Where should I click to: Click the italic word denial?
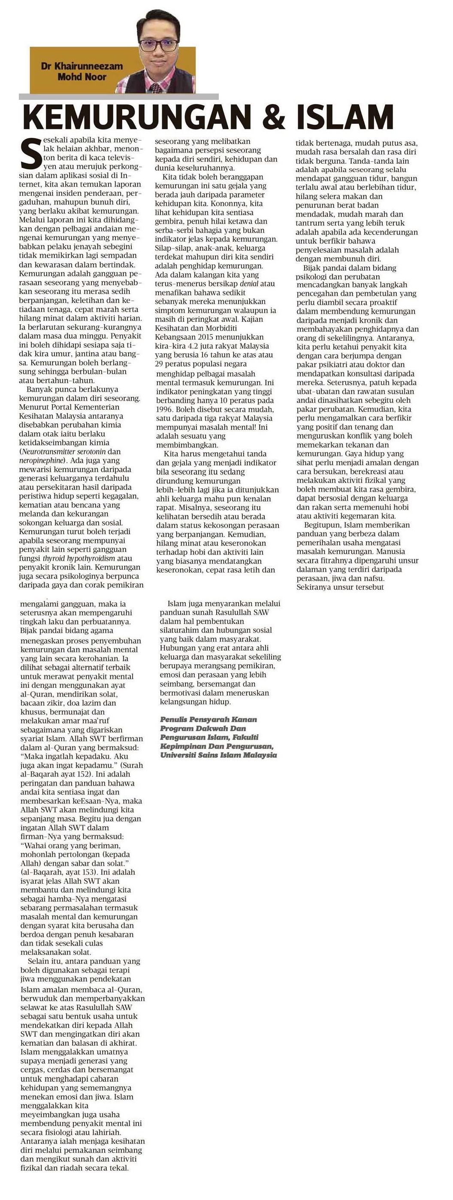pos(249,284)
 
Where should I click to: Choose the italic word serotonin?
pos(93,451)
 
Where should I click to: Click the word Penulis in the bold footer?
pos(175,719)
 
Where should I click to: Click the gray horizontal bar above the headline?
pos(118,96)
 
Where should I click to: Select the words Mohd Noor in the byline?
pos(82,77)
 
